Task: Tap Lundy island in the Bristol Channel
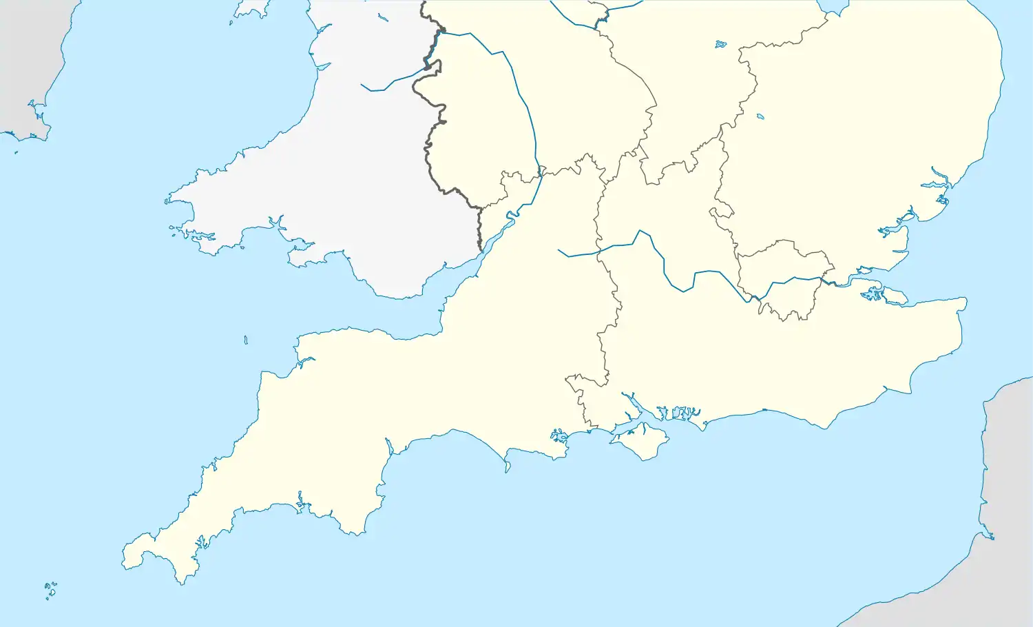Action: point(246,340)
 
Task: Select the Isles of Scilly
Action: point(50,590)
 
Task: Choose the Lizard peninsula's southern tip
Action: point(182,582)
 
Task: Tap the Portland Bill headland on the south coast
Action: point(508,471)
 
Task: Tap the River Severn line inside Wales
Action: point(386,86)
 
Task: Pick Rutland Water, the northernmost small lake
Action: point(720,44)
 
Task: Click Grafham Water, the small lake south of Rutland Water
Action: point(760,116)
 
